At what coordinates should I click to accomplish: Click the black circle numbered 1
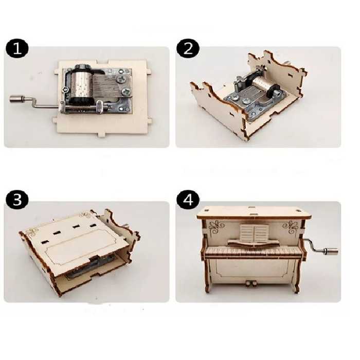17,49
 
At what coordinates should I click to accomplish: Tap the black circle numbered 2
188,49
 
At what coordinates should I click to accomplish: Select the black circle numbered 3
17,200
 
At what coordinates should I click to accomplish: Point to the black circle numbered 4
188,200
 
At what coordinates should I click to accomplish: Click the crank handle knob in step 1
16,99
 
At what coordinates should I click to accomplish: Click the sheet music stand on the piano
253,233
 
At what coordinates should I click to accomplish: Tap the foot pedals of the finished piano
250,283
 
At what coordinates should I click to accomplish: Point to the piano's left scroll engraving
217,228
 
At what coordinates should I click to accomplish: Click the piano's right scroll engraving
291,228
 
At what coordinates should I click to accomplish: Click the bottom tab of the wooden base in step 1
102,134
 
